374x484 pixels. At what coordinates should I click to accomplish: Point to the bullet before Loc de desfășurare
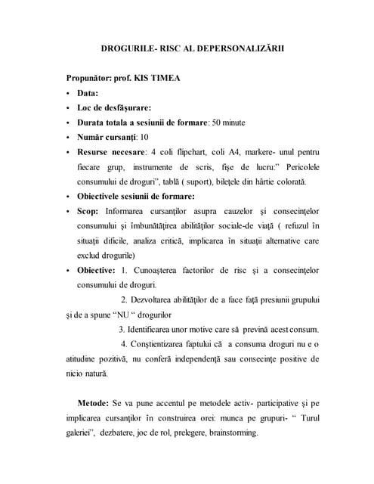[x=68, y=107]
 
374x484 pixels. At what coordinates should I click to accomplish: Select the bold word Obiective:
[x=96, y=269]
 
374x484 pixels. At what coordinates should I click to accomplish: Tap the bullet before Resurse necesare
[x=68, y=151]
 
